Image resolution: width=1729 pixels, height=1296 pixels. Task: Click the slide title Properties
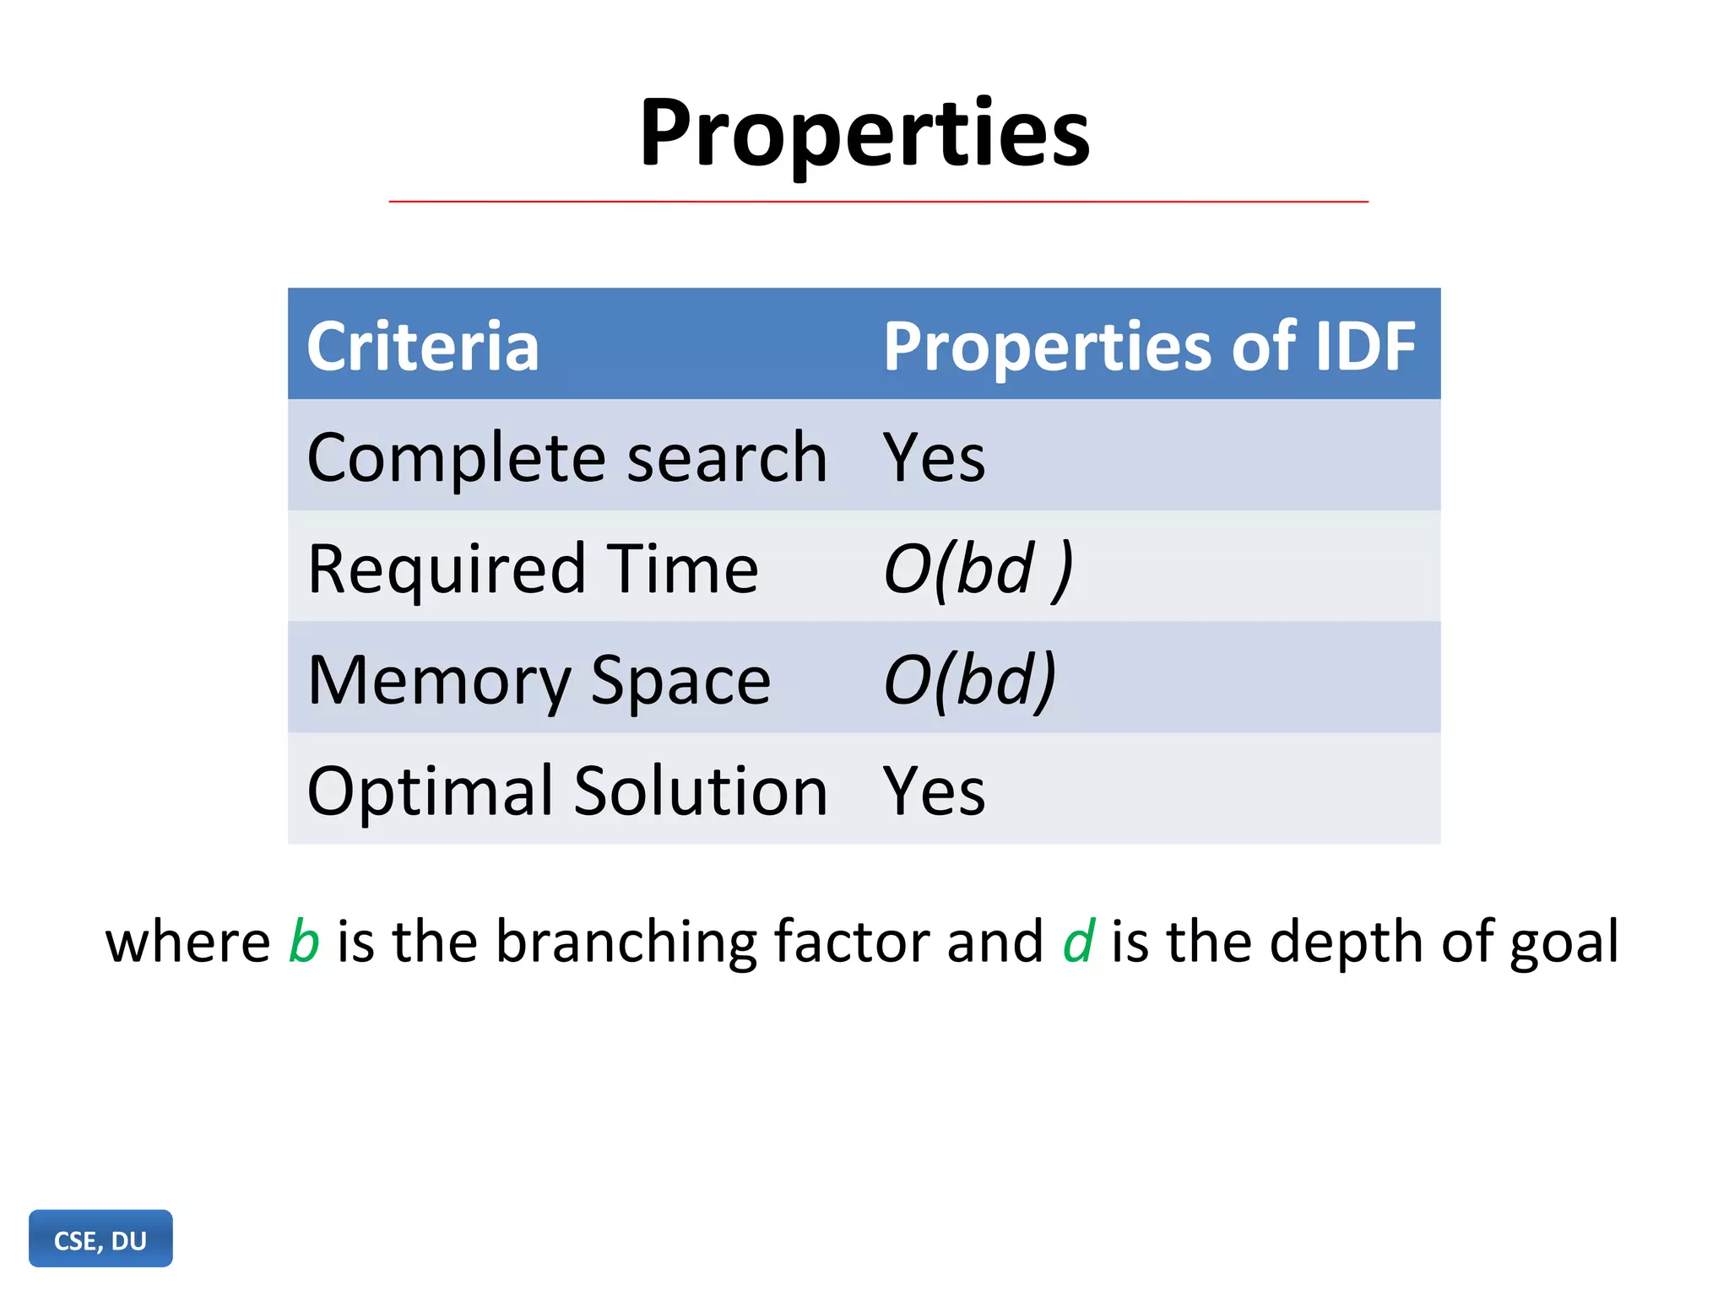tap(864, 133)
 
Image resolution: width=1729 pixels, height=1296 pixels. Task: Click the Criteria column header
tap(422, 346)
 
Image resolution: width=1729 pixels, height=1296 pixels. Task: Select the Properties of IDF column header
tap(1148, 346)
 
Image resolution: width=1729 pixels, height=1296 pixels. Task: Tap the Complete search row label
tap(566, 457)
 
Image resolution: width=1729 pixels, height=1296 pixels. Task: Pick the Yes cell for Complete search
tap(934, 457)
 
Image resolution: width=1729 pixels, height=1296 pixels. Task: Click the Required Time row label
tap(533, 569)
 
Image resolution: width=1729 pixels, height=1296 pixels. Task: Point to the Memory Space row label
tap(539, 680)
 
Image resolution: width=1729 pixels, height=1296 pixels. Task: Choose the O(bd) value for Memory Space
tap(969, 680)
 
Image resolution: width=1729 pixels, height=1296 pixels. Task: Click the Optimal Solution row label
tap(566, 791)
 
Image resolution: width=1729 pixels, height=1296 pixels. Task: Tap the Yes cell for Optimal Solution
tap(934, 791)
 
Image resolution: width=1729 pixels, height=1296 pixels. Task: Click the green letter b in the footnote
tap(304, 941)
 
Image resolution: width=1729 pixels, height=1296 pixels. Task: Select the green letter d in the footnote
tap(1078, 941)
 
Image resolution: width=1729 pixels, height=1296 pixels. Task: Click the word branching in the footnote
tap(626, 942)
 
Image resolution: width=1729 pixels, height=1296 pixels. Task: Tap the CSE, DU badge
tap(100, 1239)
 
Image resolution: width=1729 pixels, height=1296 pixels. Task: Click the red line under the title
tap(878, 202)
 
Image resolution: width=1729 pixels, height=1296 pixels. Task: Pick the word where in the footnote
tap(187, 942)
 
